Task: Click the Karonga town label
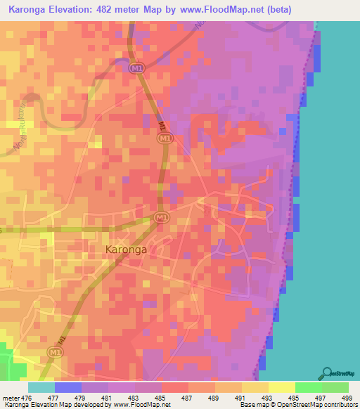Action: point(126,249)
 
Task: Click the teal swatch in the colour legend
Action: point(41,387)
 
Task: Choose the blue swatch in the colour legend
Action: point(67,387)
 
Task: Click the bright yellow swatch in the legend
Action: point(281,387)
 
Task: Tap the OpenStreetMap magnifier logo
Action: point(329,372)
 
